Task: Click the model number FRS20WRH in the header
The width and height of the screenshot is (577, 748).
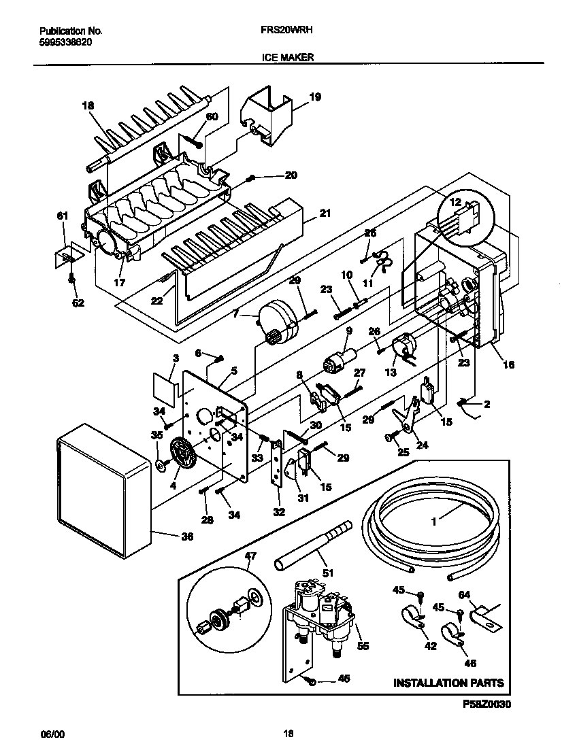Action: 287,31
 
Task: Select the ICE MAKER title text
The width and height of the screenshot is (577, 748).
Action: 287,58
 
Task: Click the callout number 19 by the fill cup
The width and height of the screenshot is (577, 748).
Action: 314,97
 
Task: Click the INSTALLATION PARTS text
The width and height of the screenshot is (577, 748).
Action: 449,682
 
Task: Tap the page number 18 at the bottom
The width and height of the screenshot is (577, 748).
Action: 288,734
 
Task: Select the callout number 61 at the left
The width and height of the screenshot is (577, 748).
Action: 62,216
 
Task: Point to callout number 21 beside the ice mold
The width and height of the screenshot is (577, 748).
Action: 325,214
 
